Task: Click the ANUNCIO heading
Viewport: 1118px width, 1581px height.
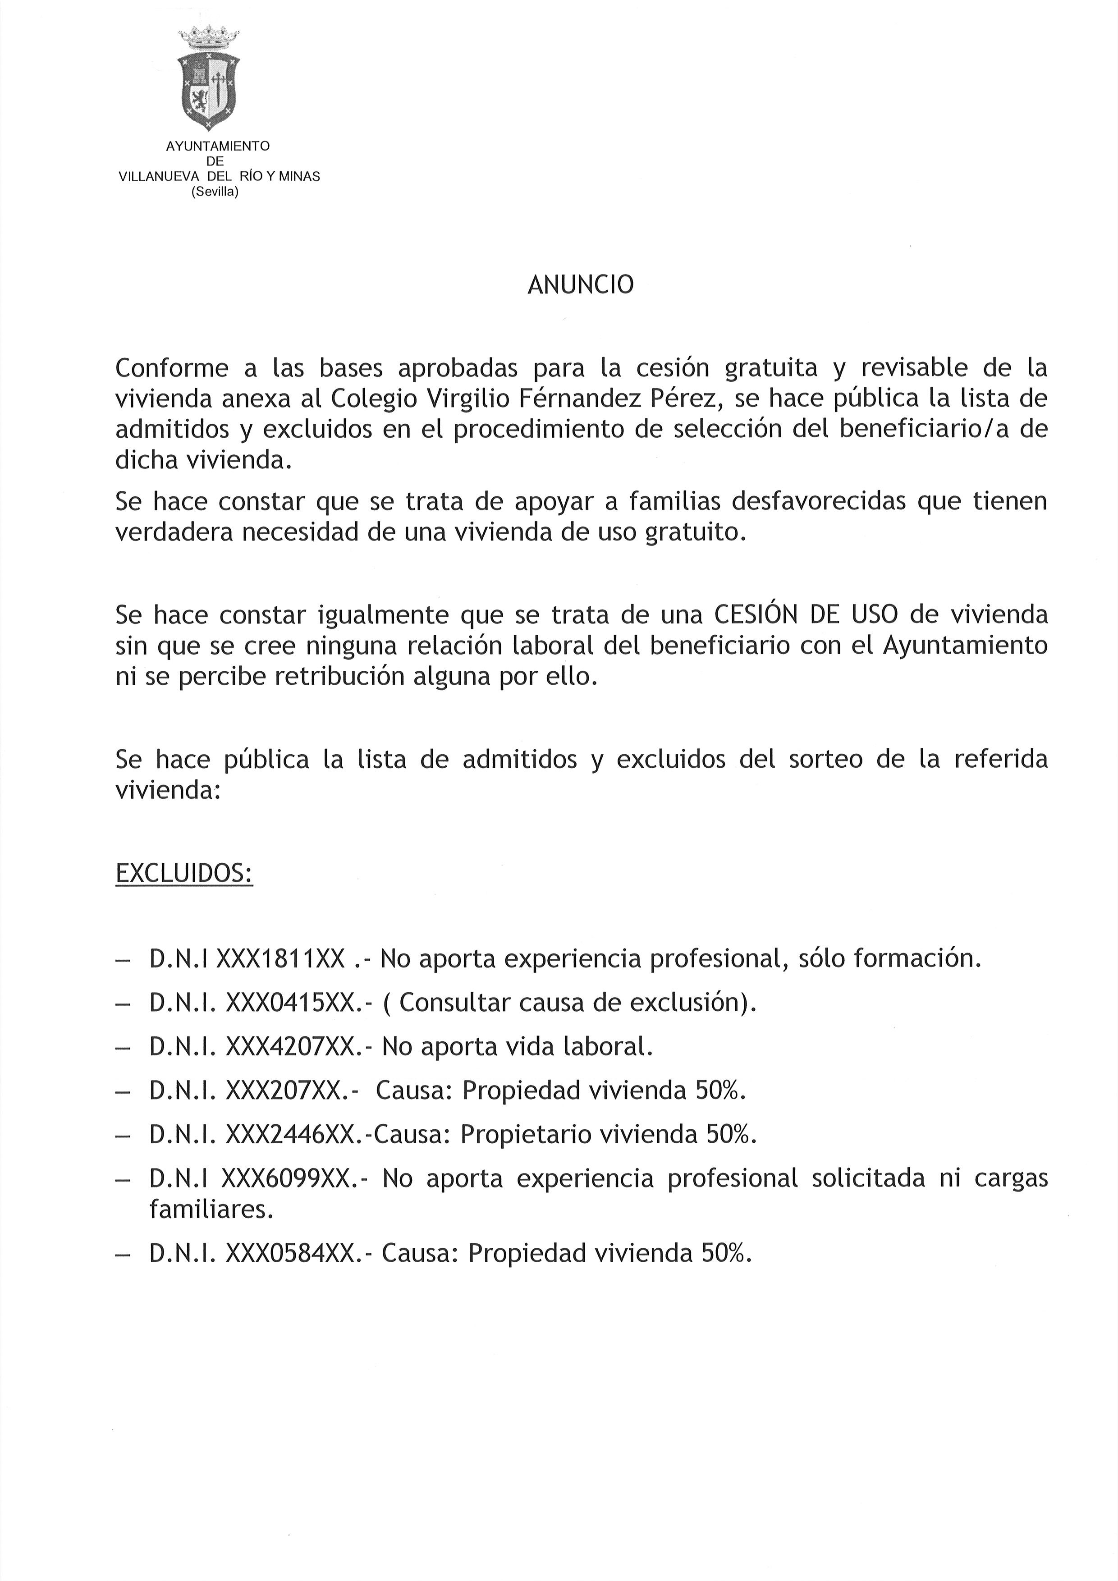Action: pyautogui.click(x=580, y=284)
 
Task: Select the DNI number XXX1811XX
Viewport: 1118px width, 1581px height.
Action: pyautogui.click(x=280, y=958)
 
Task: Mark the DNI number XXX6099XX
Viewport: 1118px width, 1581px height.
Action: pyautogui.click(x=289, y=1178)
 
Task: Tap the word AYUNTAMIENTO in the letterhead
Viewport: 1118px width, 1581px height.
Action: pyautogui.click(x=218, y=146)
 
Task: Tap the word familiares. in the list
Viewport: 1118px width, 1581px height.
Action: pyautogui.click(x=211, y=1209)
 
